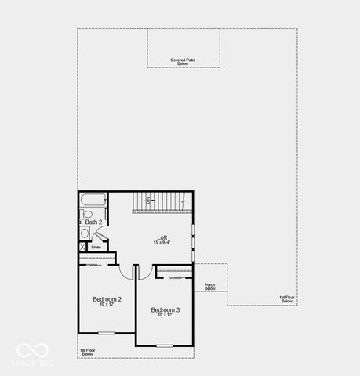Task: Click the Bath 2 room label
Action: [94, 222]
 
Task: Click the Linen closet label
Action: [96, 247]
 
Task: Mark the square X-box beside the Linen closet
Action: [82, 247]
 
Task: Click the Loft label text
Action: [162, 237]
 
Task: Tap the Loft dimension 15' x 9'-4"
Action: [162, 243]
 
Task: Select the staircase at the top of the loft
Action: [161, 202]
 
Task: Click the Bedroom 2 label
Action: [107, 299]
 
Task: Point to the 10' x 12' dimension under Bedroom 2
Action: [107, 305]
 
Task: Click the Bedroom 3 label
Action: [165, 310]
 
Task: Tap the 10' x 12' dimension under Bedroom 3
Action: [165, 316]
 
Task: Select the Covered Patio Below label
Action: [183, 61]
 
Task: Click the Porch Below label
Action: [209, 287]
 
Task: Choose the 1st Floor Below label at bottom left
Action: [88, 352]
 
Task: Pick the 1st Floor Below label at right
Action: [287, 298]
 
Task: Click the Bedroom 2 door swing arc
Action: [125, 270]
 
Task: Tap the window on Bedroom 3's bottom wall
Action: [164, 345]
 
